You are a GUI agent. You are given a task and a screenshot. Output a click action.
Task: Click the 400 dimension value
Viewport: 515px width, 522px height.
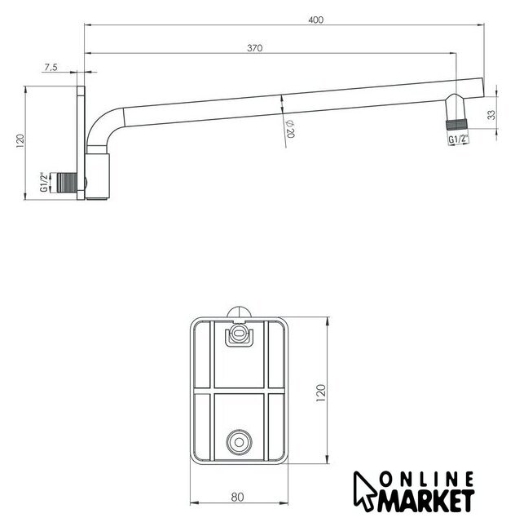315,20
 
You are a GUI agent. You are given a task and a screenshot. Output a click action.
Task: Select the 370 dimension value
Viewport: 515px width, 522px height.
255,48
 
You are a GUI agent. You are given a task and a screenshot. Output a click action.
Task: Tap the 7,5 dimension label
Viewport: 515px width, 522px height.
51,67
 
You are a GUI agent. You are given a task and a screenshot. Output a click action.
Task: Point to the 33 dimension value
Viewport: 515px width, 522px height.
491,115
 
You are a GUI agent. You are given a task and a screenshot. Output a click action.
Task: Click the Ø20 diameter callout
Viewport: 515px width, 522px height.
290,129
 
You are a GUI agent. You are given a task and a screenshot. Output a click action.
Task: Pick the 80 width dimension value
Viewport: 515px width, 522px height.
238,498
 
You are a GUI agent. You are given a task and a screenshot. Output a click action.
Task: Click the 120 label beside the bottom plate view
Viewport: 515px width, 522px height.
321,393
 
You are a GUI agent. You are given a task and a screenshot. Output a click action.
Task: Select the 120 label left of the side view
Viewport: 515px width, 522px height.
20,141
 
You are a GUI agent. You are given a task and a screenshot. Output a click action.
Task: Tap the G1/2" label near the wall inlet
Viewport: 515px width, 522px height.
43,182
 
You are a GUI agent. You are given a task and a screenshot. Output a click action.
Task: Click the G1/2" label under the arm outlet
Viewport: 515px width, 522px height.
458,139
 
